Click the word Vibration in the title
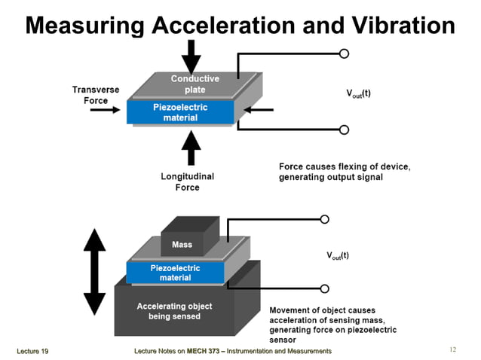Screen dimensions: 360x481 click(400, 26)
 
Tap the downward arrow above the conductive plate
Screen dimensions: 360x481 click(191, 56)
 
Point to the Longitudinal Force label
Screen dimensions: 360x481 click(187, 182)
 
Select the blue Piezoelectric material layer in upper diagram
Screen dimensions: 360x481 click(181, 113)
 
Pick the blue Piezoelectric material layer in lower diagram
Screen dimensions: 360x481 click(175, 273)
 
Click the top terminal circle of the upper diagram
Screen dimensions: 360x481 click(344, 53)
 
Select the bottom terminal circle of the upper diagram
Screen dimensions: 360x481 click(344, 130)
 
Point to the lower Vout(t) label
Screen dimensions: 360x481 click(337, 255)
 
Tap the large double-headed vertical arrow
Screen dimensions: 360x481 click(94, 271)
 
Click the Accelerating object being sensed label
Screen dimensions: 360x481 click(174, 311)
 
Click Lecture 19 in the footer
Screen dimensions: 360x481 click(32, 351)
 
